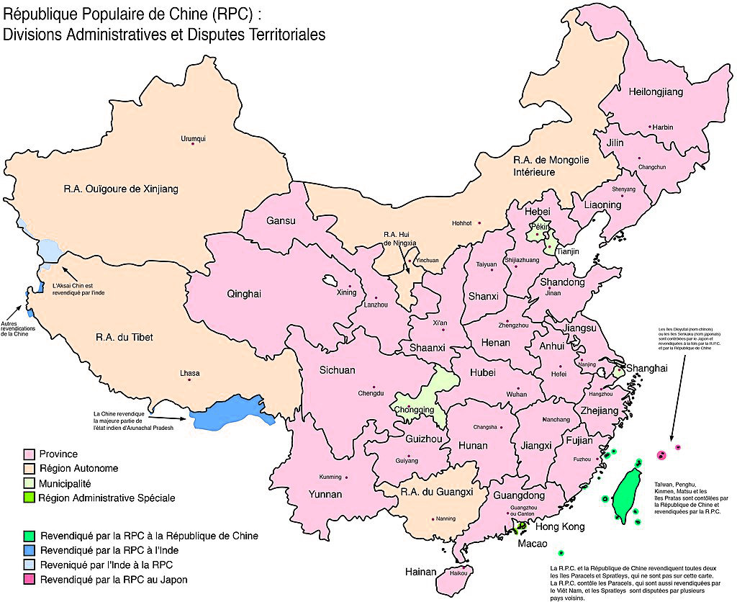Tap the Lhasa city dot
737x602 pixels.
coord(189,380)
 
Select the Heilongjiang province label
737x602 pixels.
coord(656,92)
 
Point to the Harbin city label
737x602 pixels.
coord(663,127)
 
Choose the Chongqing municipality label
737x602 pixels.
coord(414,410)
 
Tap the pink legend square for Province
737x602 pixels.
coord(30,454)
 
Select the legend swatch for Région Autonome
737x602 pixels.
coord(30,469)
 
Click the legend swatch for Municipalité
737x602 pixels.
coord(30,483)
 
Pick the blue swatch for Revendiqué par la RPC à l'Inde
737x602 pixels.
coord(30,550)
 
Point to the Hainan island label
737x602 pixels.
coord(420,572)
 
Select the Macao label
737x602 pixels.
coord(531,543)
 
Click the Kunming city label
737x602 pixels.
coord(330,477)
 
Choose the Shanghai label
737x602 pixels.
coord(647,368)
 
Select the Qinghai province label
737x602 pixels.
coord(243,294)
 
